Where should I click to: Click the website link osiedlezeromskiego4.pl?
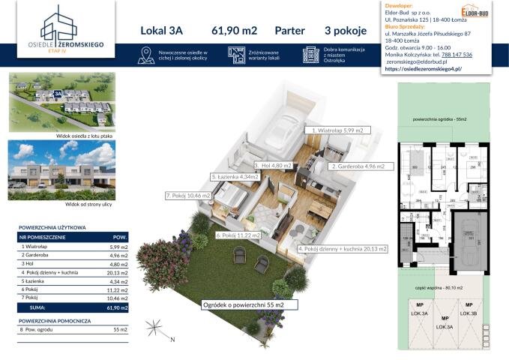coord(424,67)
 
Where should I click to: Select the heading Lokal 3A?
coord(162,31)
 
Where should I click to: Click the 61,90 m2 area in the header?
coord(234,31)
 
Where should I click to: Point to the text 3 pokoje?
coord(346,31)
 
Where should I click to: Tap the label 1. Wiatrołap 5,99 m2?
coord(337,130)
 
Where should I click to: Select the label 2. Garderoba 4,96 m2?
coord(358,166)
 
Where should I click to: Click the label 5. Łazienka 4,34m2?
coord(236,178)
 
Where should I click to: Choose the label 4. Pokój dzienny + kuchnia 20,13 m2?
coord(343,248)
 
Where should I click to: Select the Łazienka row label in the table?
coord(34,281)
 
